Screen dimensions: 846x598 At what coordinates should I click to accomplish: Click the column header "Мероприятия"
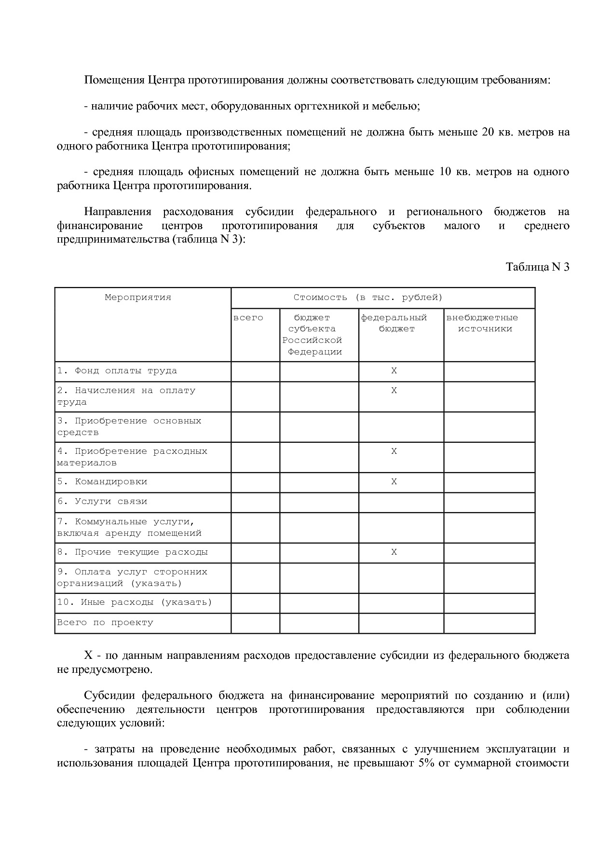(138, 298)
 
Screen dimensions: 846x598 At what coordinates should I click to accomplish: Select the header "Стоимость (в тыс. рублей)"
(368, 298)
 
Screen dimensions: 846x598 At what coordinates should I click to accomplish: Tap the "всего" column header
(248, 318)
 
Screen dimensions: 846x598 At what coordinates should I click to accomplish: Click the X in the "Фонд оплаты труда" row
(394, 371)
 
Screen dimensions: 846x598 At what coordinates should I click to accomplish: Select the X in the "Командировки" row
(394, 482)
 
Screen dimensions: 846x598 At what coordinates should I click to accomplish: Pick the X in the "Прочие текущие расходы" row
(394, 552)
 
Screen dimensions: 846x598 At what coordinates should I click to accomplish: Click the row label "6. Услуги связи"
(102, 502)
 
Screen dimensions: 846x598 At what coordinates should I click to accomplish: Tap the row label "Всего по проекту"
(105, 623)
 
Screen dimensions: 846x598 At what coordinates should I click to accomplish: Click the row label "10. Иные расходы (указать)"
(135, 602)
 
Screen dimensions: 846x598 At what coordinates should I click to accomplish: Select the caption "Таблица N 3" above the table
(537, 267)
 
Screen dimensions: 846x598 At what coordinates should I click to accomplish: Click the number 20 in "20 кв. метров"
(488, 132)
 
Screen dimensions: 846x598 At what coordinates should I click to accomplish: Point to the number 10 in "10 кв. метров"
(445, 172)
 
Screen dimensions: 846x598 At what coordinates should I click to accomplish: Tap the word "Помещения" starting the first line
(114, 80)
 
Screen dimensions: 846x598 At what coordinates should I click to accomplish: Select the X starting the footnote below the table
(88, 655)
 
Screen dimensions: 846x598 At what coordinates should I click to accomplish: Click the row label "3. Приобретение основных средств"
(129, 427)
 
